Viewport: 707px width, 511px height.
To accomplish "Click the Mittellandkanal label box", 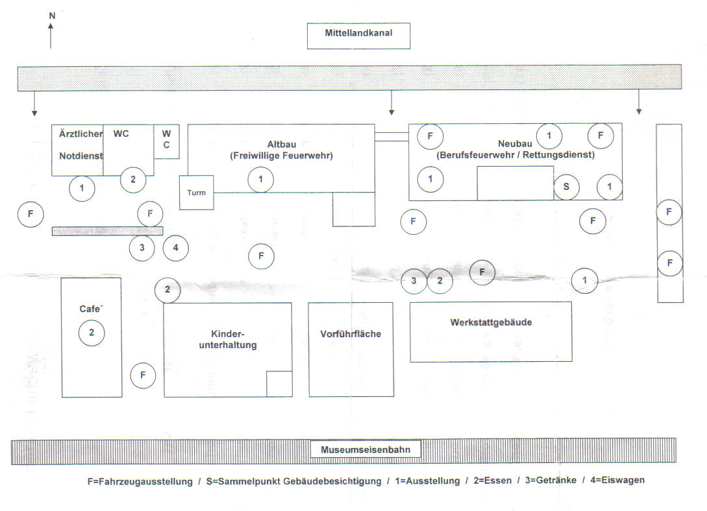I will (358, 36).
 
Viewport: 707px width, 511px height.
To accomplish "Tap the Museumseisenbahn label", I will (365, 449).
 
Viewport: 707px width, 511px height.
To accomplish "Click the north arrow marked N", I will (51, 32).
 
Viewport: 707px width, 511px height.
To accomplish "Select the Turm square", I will (197, 193).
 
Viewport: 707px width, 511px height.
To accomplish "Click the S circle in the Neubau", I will (566, 187).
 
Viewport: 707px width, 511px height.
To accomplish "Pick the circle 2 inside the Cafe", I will (92, 333).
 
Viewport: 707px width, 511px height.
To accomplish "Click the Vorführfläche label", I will (351, 335).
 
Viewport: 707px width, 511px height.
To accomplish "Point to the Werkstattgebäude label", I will (491, 322).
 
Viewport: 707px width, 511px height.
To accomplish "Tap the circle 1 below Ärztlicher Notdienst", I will (82, 189).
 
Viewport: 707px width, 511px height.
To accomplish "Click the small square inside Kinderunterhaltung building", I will (279, 383).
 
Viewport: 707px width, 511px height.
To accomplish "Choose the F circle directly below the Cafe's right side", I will (143, 375).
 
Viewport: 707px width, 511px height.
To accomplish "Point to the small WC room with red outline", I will (166, 141).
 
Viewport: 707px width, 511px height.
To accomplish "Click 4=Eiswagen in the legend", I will (617, 481).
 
